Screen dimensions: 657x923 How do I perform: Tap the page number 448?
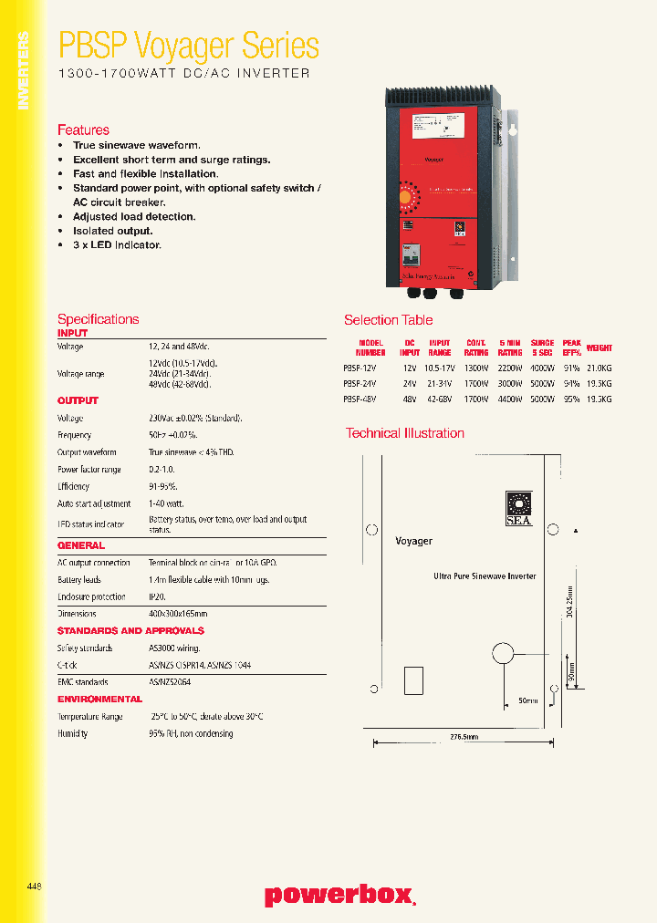coord(35,886)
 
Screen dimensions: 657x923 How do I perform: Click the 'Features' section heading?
coord(83,130)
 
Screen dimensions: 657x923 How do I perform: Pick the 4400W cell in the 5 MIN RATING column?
coord(510,399)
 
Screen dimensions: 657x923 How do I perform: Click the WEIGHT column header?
coord(599,348)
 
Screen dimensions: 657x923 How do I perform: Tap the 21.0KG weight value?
coord(599,368)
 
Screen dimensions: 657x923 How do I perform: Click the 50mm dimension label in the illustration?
coord(528,701)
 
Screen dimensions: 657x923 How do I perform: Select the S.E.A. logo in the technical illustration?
coord(518,509)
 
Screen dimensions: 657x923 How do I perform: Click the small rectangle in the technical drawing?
coord(412,680)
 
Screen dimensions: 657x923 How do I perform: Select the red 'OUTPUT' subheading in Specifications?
coord(78,400)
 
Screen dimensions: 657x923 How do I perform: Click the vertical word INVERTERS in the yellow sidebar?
coord(24,70)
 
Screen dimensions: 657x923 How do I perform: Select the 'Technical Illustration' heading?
coord(404,433)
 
